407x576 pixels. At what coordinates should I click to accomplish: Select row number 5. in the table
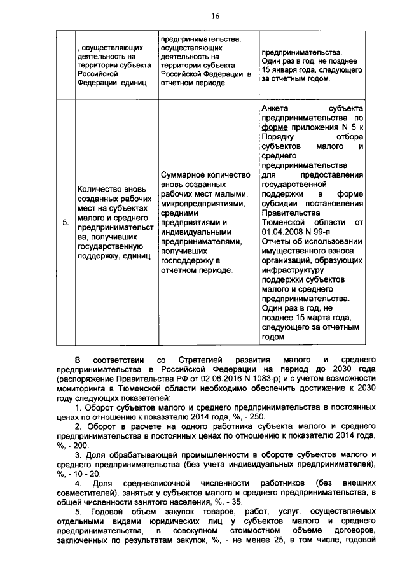[66, 223]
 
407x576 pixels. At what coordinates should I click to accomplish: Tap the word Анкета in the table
[275, 108]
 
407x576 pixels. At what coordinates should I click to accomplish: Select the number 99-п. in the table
[338, 232]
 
